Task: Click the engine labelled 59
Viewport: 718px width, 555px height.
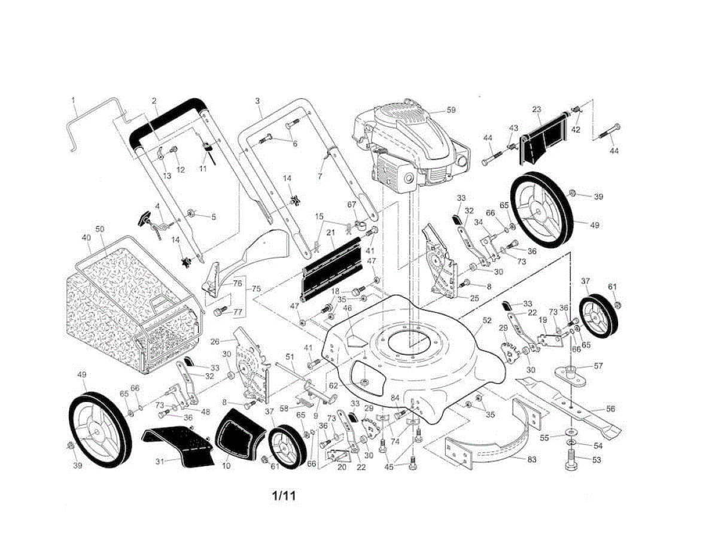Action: coord(413,147)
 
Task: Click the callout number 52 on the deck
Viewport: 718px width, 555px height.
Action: coord(486,321)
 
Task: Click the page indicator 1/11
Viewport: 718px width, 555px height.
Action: coord(284,496)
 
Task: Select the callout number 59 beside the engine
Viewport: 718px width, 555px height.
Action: coord(451,110)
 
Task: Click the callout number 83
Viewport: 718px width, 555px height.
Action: coord(531,460)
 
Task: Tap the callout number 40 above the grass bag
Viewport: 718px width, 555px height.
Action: coord(86,237)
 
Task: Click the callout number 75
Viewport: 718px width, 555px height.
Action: coord(257,289)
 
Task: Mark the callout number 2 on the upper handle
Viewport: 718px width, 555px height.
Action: coord(154,100)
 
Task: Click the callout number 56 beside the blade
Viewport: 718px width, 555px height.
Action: coord(610,409)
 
